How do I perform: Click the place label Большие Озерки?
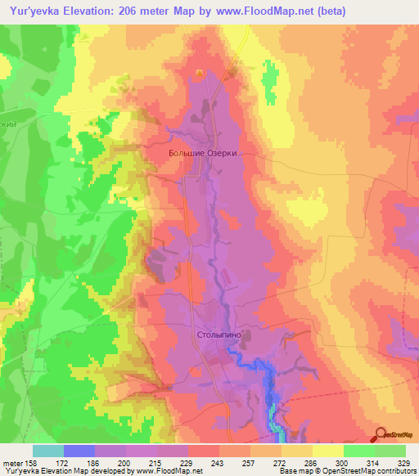pyautogui.click(x=195, y=151)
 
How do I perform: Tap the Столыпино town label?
pyautogui.click(x=218, y=334)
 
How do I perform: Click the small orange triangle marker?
pyautogui.click(x=197, y=74)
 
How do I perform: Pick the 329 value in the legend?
pyautogui.click(x=405, y=463)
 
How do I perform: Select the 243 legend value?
pyautogui.click(x=194, y=463)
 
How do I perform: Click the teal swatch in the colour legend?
pyautogui.click(x=47, y=451)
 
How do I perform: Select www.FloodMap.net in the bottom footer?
pyautogui.click(x=171, y=471)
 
